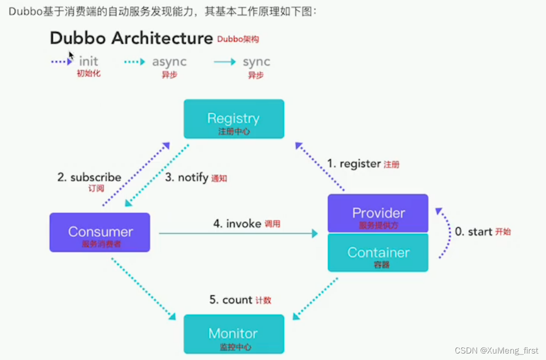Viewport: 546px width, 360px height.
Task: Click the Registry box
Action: click(x=233, y=119)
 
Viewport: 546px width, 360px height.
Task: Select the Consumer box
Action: click(x=100, y=232)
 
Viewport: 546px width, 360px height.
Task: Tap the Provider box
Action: click(x=378, y=213)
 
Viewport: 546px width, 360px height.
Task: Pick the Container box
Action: click(x=378, y=253)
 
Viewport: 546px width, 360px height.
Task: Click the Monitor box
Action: click(x=233, y=334)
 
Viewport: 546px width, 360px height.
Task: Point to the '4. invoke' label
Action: click(x=237, y=224)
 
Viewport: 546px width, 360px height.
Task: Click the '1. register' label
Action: click(x=354, y=164)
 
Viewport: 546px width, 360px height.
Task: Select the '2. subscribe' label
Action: click(x=89, y=178)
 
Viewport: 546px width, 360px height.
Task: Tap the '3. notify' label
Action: click(x=186, y=178)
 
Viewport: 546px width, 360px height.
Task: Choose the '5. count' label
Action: click(x=230, y=300)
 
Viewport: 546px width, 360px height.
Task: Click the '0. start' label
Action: click(x=473, y=232)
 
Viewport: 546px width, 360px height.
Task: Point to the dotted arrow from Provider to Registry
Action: click(x=320, y=167)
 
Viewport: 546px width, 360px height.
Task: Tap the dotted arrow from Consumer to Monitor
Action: click(x=143, y=289)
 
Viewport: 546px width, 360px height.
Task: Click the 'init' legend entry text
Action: click(x=88, y=62)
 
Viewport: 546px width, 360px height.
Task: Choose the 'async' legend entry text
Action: click(x=169, y=62)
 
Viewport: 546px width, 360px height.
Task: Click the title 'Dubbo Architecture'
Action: click(x=131, y=38)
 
